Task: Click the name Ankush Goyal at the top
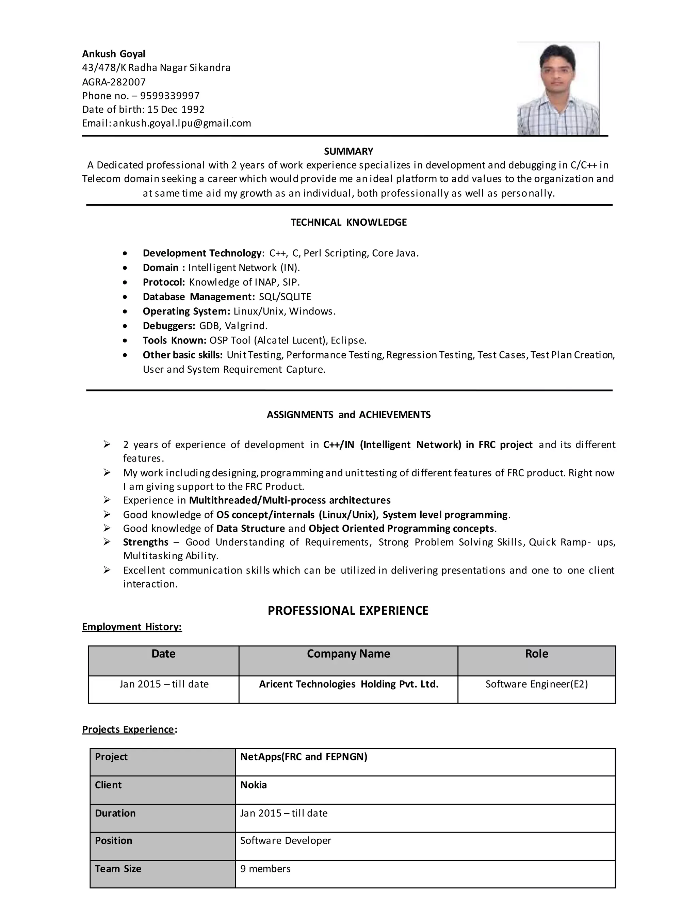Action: [114, 54]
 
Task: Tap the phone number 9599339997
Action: [170, 96]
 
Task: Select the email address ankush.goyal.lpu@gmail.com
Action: [182, 123]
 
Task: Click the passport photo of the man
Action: [558, 88]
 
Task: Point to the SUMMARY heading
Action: [348, 151]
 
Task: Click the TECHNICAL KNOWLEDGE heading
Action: [348, 222]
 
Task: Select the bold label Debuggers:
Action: [169, 326]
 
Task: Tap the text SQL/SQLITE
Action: [285, 296]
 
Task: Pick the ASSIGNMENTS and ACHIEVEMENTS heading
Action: [348, 415]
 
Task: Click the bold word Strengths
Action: [145, 542]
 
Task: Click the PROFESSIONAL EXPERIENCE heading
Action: [348, 610]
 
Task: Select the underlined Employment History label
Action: [132, 627]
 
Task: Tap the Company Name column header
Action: [348, 654]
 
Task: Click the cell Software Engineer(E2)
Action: [536, 684]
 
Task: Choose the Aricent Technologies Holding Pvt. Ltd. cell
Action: [348, 684]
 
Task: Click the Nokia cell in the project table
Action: [254, 785]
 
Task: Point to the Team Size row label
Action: [118, 869]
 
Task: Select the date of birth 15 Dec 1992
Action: [176, 110]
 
